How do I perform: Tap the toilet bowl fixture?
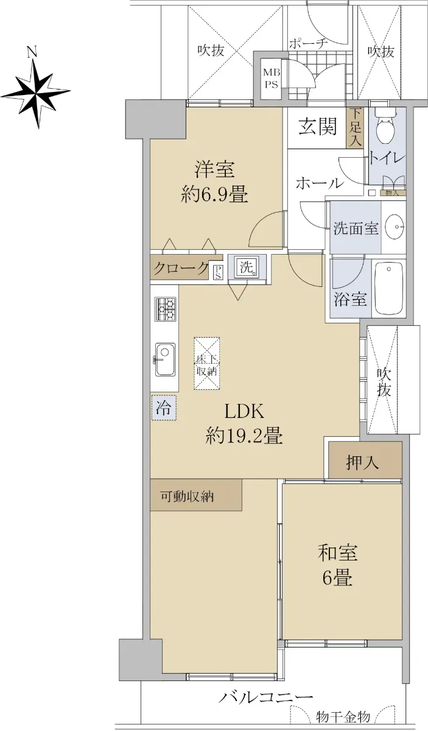coord(385,127)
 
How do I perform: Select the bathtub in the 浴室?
coord(388,289)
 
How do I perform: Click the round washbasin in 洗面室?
coord(395,227)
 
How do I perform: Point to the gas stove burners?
coord(165,309)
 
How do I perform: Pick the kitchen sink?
coord(165,359)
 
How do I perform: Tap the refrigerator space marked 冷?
coord(164,408)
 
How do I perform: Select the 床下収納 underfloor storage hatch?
coord(207,363)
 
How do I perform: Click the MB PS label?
coord(272,79)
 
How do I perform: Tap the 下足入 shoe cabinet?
coord(356,127)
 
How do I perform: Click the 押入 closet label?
coord(362,462)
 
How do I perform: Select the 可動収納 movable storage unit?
coord(196,495)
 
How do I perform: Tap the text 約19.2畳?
coord(244,436)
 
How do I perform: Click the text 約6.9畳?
coord(215,195)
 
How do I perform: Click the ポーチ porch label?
coord(308,44)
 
